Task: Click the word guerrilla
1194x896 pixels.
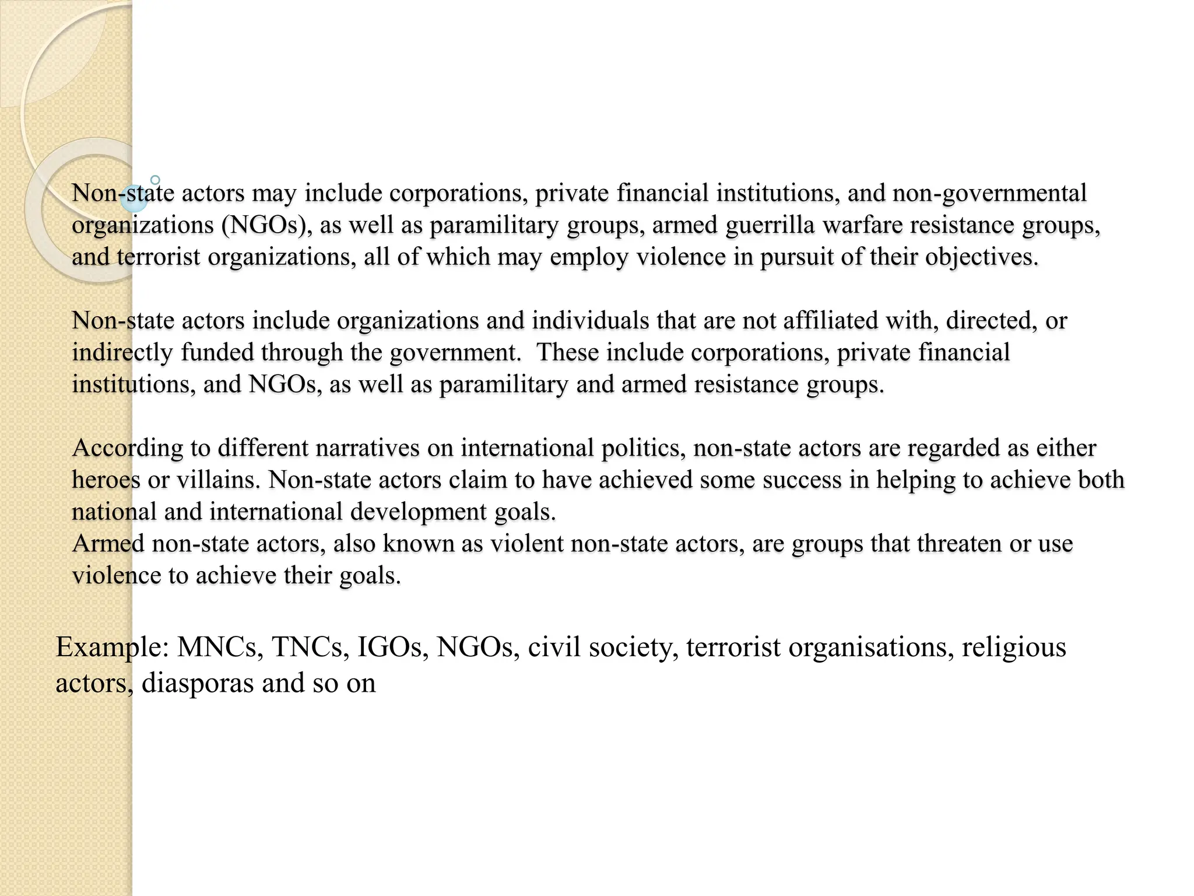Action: (x=770, y=226)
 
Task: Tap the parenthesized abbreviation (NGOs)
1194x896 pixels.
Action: (x=266, y=226)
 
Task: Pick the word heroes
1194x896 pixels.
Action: (x=106, y=480)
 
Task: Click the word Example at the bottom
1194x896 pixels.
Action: (x=112, y=648)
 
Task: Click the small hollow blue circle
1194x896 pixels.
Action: (x=155, y=180)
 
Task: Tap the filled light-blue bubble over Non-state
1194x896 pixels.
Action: (x=134, y=198)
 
